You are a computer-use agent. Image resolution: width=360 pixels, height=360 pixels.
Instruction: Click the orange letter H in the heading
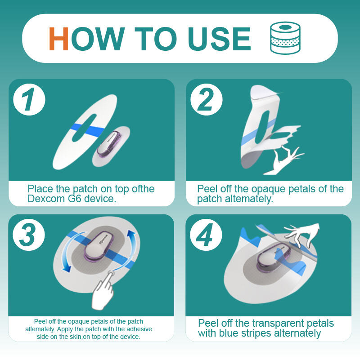click(58, 39)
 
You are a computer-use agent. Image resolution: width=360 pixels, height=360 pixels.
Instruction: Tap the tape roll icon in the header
click(285, 38)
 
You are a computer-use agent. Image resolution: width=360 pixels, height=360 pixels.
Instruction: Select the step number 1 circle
click(29, 99)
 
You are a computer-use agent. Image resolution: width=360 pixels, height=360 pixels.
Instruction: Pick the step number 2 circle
click(207, 99)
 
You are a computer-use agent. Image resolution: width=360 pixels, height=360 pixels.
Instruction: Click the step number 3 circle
click(29, 235)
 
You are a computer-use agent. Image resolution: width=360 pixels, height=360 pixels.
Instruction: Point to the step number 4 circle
click(206, 235)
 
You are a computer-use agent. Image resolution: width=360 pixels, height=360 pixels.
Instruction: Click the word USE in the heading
click(219, 39)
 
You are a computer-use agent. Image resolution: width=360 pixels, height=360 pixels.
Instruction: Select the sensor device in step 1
click(109, 144)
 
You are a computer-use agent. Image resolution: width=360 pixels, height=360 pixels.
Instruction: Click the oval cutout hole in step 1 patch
click(84, 128)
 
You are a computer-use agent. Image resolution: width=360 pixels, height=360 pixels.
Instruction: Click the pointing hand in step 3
click(103, 290)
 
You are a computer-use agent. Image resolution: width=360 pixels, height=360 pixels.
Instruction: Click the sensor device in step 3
click(99, 247)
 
